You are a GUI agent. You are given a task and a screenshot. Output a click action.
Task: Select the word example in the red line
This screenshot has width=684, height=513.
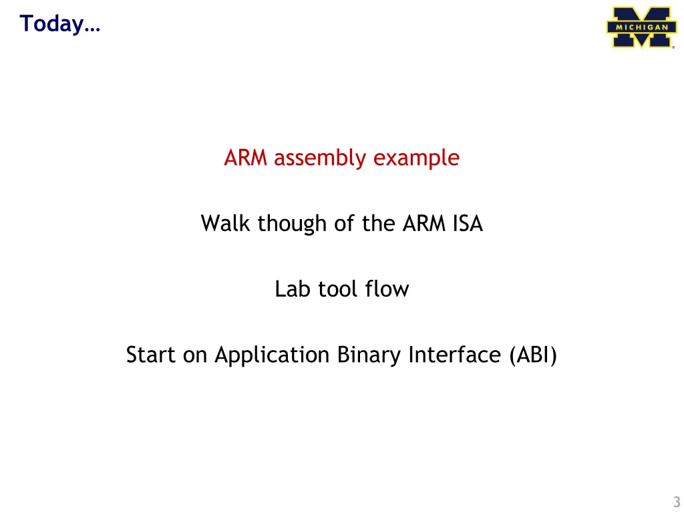coord(416,158)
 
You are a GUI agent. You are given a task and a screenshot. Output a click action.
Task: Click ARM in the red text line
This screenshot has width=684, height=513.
coord(246,158)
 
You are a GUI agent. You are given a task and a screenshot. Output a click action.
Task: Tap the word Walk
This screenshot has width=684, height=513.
coord(226,223)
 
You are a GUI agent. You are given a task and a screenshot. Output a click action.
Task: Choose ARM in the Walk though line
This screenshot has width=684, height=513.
coord(419,223)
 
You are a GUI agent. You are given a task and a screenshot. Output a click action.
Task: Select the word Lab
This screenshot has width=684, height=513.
coord(291,289)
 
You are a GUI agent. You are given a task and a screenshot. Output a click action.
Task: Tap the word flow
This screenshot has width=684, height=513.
coord(387,289)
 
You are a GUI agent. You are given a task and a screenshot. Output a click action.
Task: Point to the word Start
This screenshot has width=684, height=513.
coord(151,355)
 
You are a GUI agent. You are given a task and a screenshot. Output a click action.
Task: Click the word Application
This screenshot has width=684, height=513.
coord(272,355)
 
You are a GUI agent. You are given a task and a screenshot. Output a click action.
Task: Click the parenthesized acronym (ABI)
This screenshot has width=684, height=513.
coord(532,355)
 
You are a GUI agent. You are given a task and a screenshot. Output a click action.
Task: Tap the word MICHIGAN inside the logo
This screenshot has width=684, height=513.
coord(641,27)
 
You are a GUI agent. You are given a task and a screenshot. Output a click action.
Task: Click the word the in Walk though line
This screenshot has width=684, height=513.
coord(378,223)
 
